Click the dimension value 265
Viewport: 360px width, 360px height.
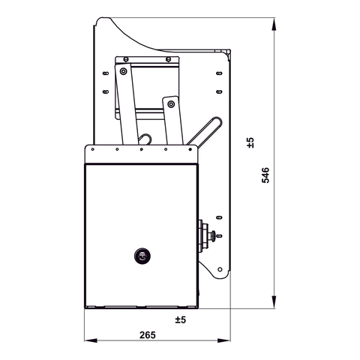[148, 335]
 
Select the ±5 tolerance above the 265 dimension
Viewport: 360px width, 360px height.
[180, 320]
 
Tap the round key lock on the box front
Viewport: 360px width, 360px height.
[142, 256]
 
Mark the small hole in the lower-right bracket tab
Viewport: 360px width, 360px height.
[220, 266]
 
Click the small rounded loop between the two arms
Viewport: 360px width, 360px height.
[148, 138]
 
